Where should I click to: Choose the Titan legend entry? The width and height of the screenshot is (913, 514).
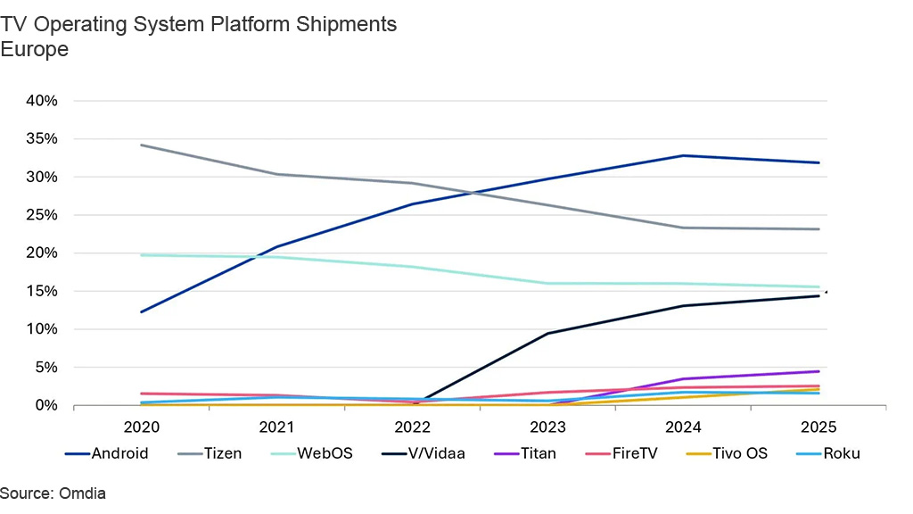tap(538, 453)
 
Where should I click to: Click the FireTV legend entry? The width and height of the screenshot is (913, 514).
tap(635, 453)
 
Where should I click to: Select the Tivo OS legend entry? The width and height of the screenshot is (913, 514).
tap(739, 453)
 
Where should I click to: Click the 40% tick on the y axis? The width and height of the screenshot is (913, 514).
tap(41, 101)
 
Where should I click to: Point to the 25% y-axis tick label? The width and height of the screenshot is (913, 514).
tap(41, 215)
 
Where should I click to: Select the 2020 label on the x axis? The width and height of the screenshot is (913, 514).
tap(142, 427)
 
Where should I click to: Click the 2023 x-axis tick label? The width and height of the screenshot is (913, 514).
tap(547, 427)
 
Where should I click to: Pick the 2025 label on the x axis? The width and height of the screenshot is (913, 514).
tap(818, 427)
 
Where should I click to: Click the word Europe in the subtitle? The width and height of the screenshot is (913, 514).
tap(35, 49)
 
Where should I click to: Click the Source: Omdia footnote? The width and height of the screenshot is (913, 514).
tap(53, 493)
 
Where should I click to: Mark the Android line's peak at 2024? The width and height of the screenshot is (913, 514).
tap(683, 155)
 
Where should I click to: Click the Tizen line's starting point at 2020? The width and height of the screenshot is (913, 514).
tap(142, 145)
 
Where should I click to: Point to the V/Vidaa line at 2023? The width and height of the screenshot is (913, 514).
tap(547, 334)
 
